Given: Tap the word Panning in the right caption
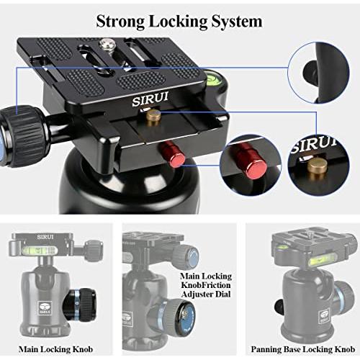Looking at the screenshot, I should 269,349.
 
